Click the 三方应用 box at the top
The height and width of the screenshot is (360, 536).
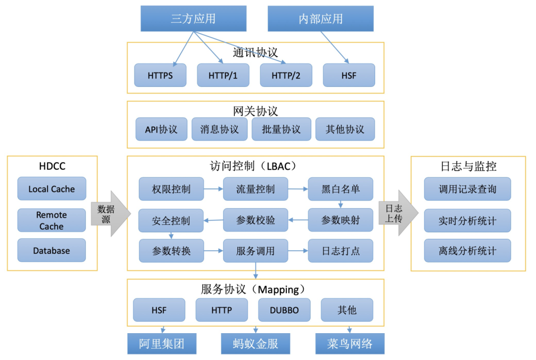pyautogui.click(x=193, y=19)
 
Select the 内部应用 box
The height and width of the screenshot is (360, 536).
pyautogui.click(x=321, y=19)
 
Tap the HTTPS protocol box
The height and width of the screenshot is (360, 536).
pyautogui.click(x=160, y=75)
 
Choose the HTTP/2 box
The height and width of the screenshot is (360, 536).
pyautogui.click(x=286, y=75)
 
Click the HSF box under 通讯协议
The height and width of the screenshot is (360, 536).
pyautogui.click(x=349, y=75)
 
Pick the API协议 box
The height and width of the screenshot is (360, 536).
pyautogui.click(x=161, y=130)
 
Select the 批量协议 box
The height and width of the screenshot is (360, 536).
pyautogui.click(x=281, y=130)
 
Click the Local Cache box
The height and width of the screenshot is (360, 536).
pyautogui.click(x=52, y=189)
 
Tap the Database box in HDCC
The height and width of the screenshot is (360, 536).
pyautogui.click(x=52, y=250)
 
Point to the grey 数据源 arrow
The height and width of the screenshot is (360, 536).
pyautogui.click(x=109, y=214)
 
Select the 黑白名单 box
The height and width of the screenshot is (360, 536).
pyautogui.click(x=340, y=189)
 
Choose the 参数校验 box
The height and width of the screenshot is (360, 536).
pyautogui.click(x=256, y=220)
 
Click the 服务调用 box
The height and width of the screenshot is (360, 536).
pyautogui.click(x=256, y=251)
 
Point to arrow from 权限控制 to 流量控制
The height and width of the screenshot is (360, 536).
pyautogui.click(x=213, y=189)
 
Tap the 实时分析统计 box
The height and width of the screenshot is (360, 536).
pyautogui.click(x=467, y=220)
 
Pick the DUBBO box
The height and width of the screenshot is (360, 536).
pyautogui.click(x=284, y=310)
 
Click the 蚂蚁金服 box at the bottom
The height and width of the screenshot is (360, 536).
pyautogui.click(x=255, y=344)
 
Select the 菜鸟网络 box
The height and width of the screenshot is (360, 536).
pyautogui.click(x=350, y=344)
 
